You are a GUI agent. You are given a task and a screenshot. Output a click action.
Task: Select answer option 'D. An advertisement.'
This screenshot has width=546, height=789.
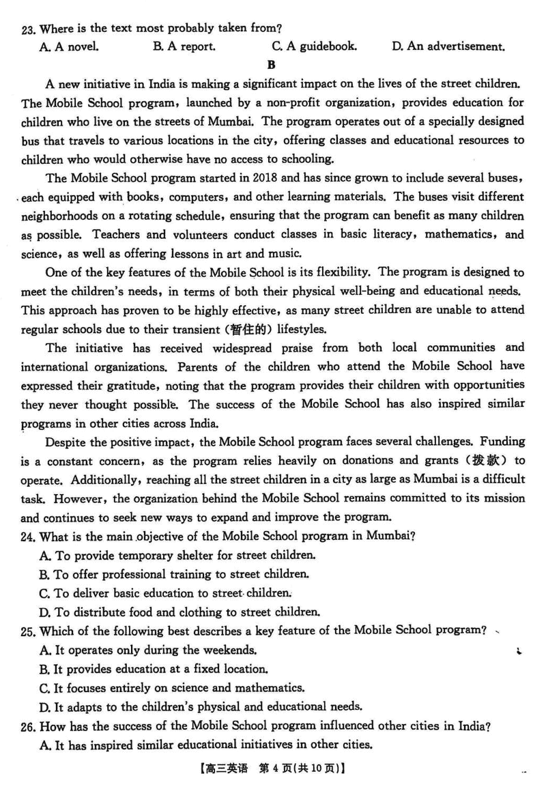pos(448,47)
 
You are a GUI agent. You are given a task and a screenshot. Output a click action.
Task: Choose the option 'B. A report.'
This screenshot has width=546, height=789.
pos(184,47)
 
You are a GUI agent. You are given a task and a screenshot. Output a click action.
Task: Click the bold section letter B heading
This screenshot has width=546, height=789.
pos(272,66)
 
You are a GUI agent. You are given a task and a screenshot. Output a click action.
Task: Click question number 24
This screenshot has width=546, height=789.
pos(28,535)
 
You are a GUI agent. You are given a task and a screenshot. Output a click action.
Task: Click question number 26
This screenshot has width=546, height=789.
pos(28,725)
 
